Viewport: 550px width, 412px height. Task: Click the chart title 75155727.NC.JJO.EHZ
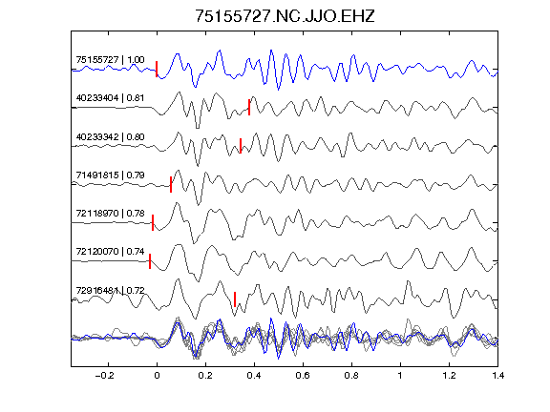point(285,16)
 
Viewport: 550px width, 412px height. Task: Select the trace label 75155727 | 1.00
point(110,60)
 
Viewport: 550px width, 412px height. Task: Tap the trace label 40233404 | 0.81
point(110,98)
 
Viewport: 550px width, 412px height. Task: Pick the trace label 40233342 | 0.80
point(110,136)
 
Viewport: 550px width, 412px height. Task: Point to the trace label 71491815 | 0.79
point(110,175)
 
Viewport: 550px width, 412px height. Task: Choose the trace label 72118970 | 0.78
point(110,214)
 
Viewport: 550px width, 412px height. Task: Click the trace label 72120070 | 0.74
point(110,252)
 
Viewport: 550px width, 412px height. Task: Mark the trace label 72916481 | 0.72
point(110,291)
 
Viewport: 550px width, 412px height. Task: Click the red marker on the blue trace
point(157,69)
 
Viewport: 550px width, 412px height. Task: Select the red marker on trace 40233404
point(249,107)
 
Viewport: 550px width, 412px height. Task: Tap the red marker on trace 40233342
point(241,146)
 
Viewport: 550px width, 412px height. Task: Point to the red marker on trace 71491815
point(171,185)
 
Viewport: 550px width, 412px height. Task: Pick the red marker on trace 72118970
point(153,223)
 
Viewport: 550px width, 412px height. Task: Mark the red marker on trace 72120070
point(150,261)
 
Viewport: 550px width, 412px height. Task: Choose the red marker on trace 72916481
point(235,299)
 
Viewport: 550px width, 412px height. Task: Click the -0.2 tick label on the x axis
point(104,376)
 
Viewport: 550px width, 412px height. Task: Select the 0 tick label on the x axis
point(157,376)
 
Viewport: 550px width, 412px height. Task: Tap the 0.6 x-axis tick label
point(303,376)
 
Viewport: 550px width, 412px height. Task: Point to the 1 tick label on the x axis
point(400,376)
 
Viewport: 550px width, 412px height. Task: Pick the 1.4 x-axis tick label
point(497,376)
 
